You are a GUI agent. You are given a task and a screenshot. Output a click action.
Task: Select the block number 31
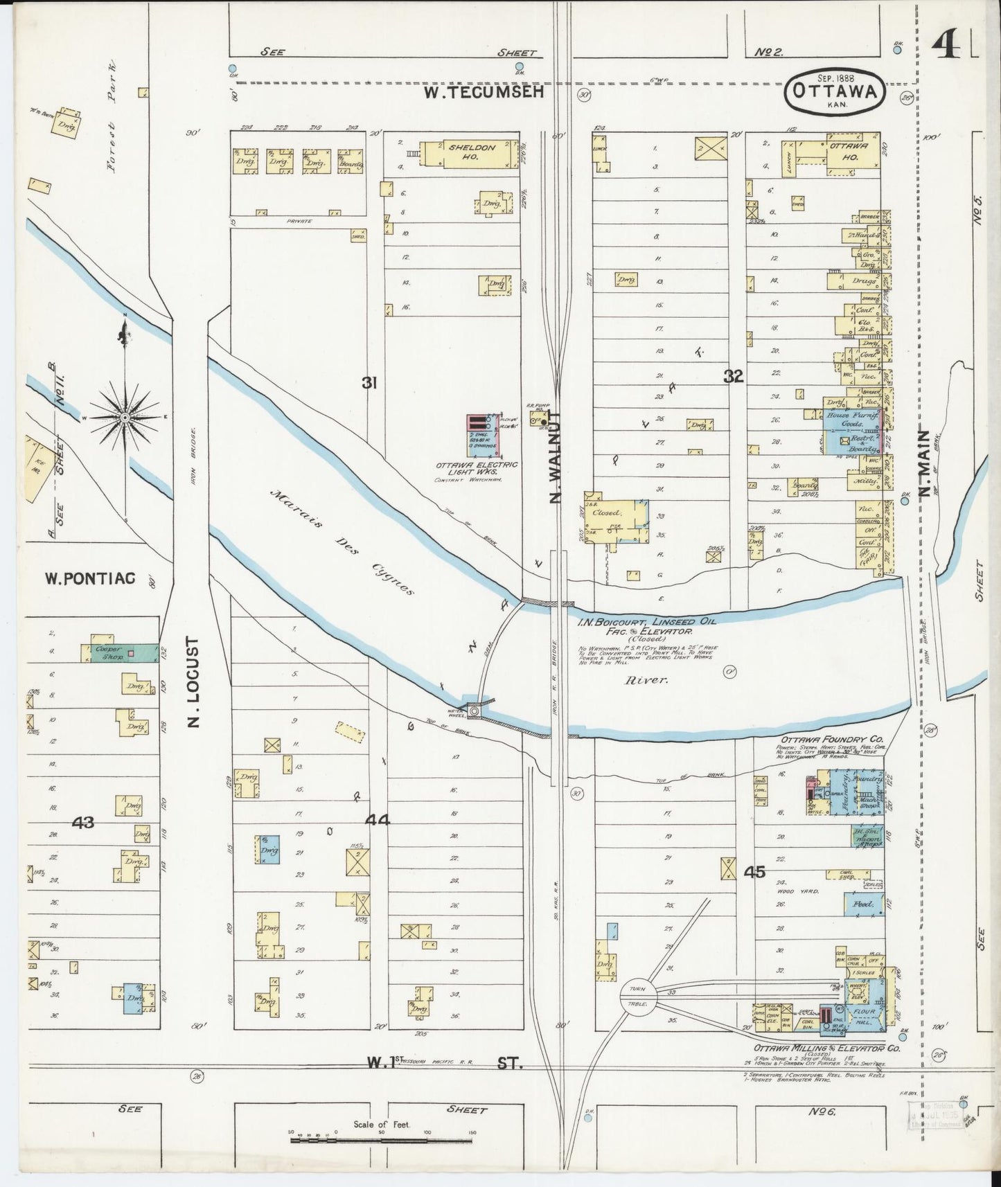point(369,382)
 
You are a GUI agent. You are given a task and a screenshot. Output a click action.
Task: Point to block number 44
point(378,820)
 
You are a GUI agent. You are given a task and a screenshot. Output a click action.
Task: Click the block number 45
point(754,872)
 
